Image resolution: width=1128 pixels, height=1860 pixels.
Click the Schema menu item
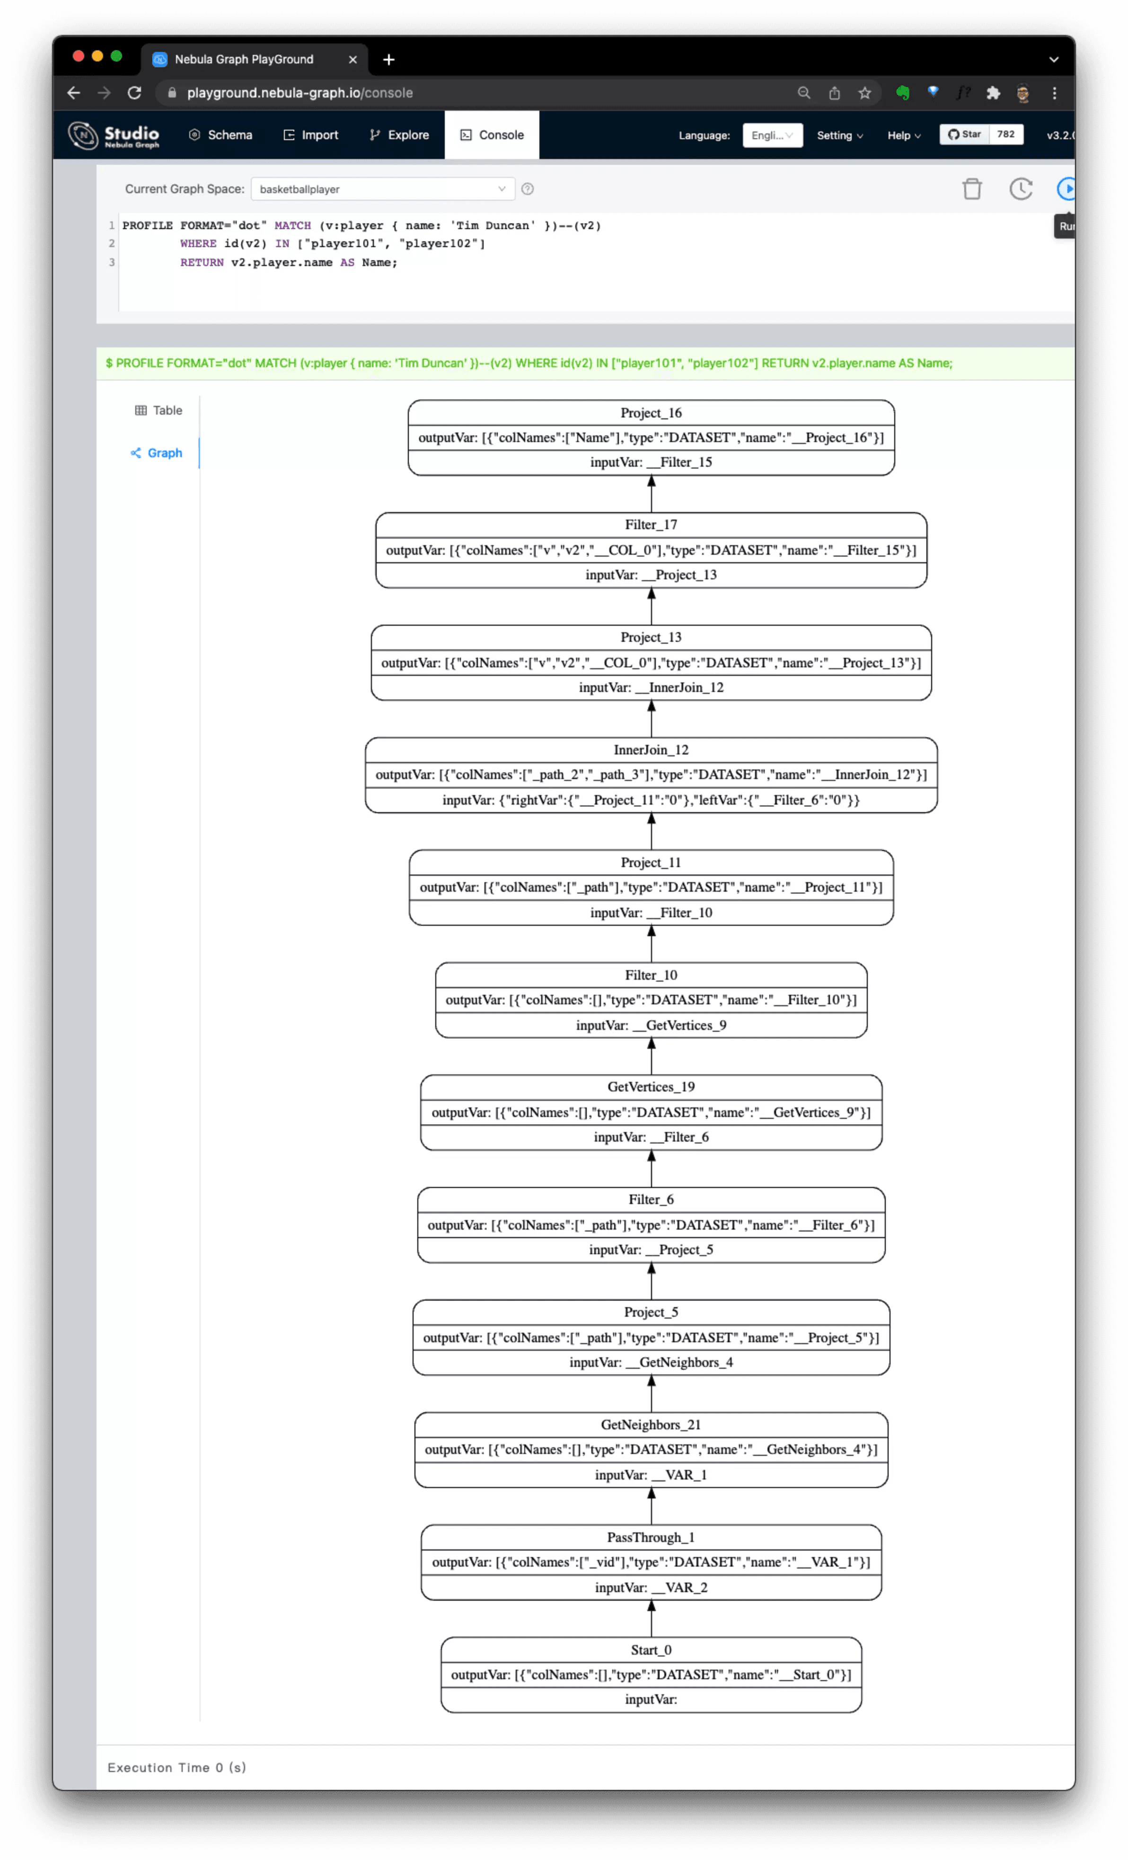pos(220,135)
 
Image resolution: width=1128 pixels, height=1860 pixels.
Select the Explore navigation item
pos(399,135)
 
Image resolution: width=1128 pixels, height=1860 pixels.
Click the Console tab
pos(492,135)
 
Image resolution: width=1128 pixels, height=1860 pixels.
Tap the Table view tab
pos(159,411)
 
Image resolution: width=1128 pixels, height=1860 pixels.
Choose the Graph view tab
pos(157,453)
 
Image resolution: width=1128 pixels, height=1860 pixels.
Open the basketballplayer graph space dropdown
pos(382,189)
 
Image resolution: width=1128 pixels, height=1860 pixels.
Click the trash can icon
pos(972,189)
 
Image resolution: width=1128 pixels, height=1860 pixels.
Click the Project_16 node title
pos(651,413)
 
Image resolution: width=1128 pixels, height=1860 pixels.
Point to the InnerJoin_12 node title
pos(651,750)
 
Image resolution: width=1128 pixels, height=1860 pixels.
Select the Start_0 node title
pos(651,1650)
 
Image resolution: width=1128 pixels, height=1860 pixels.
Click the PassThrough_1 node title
pos(651,1538)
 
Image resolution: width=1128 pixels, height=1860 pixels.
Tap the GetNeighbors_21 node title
pos(651,1425)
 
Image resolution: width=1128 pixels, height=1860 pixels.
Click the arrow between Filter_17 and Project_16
pos(651,495)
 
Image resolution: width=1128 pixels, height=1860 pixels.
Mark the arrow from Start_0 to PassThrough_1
pos(651,1619)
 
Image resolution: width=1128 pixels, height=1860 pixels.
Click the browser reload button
pos(134,93)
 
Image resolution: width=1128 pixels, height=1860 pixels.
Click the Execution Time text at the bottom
pos(176,1767)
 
